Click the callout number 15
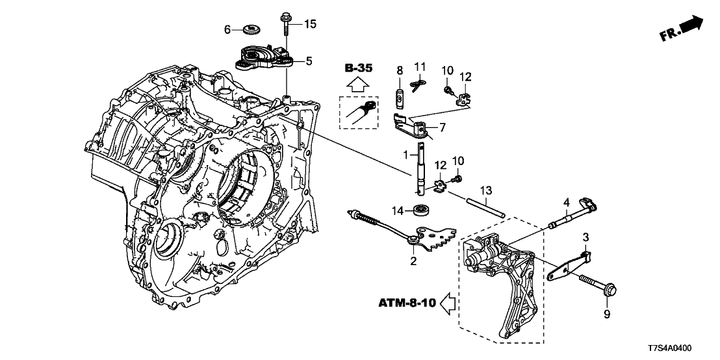tap(309, 25)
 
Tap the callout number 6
tap(228, 29)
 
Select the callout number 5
tap(309, 61)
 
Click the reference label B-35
tap(358, 68)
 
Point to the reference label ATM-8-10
tap(405, 302)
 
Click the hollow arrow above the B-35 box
tap(357, 84)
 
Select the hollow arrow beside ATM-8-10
tap(448, 302)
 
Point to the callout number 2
tap(413, 261)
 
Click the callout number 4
tap(567, 201)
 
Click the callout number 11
tap(420, 66)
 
